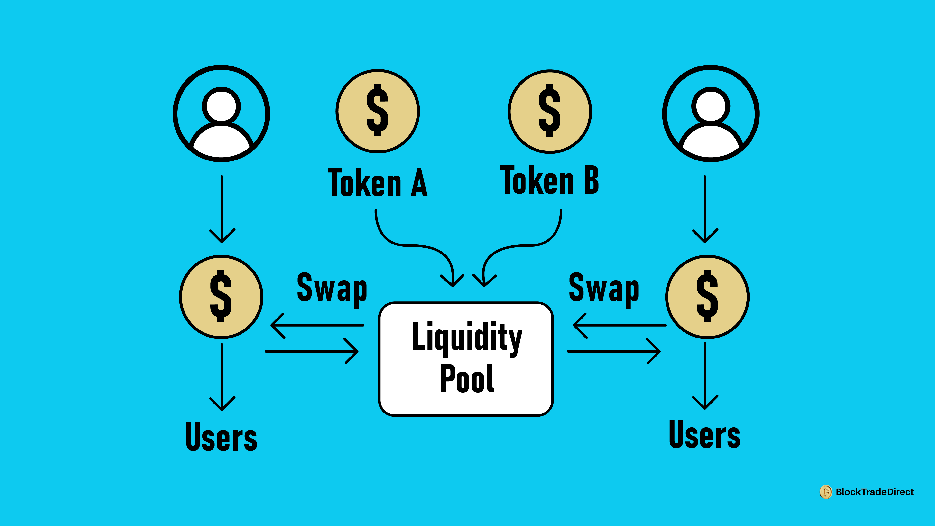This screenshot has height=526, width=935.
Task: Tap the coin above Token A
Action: tap(378, 111)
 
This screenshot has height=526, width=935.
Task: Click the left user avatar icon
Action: tap(222, 114)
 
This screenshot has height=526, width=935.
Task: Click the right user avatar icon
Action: tap(711, 114)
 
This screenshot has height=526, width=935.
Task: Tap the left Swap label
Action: tap(332, 289)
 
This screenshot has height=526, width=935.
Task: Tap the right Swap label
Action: tap(604, 289)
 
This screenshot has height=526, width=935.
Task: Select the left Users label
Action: tap(222, 436)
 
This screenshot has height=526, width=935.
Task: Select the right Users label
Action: tap(704, 434)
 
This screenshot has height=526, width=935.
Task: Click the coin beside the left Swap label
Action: tap(221, 297)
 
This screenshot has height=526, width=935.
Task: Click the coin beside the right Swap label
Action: tap(707, 297)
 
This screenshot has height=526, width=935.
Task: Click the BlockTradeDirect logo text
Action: tap(874, 492)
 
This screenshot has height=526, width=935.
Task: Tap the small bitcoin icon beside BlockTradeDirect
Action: tap(826, 492)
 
